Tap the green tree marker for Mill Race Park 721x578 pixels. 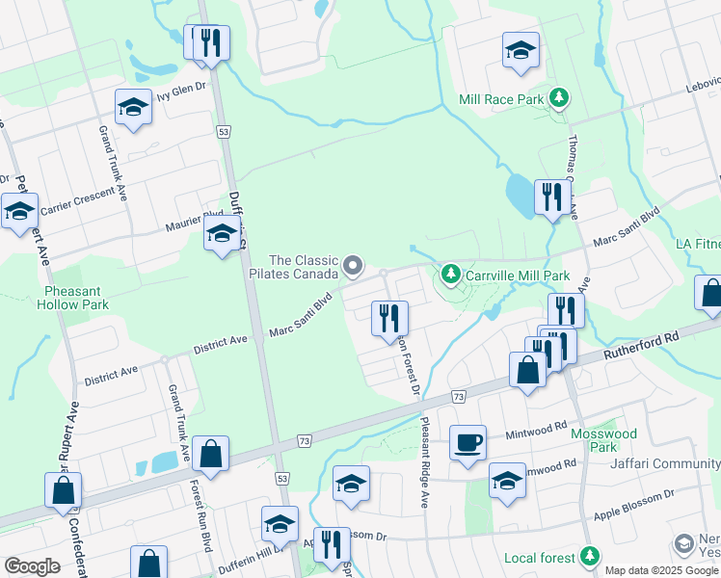pyautogui.click(x=558, y=98)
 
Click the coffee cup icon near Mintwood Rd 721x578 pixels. pyautogui.click(x=468, y=442)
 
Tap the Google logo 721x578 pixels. pyautogui.click(x=32, y=566)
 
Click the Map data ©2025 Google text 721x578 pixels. pyautogui.click(x=660, y=570)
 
